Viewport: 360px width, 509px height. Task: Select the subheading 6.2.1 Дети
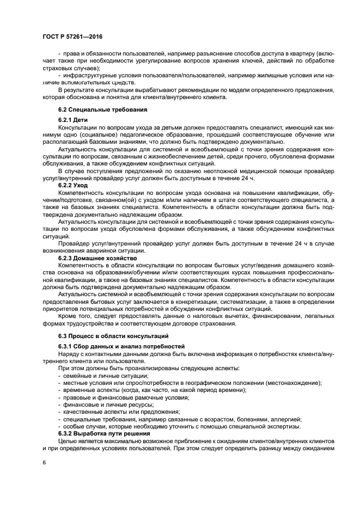coord(73,119)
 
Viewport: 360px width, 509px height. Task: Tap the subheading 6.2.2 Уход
coord(73,185)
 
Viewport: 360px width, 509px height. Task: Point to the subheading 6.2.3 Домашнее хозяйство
coord(97,257)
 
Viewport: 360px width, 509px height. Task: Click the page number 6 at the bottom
coord(45,462)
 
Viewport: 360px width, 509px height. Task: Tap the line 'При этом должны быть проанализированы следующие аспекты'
coord(149,368)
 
